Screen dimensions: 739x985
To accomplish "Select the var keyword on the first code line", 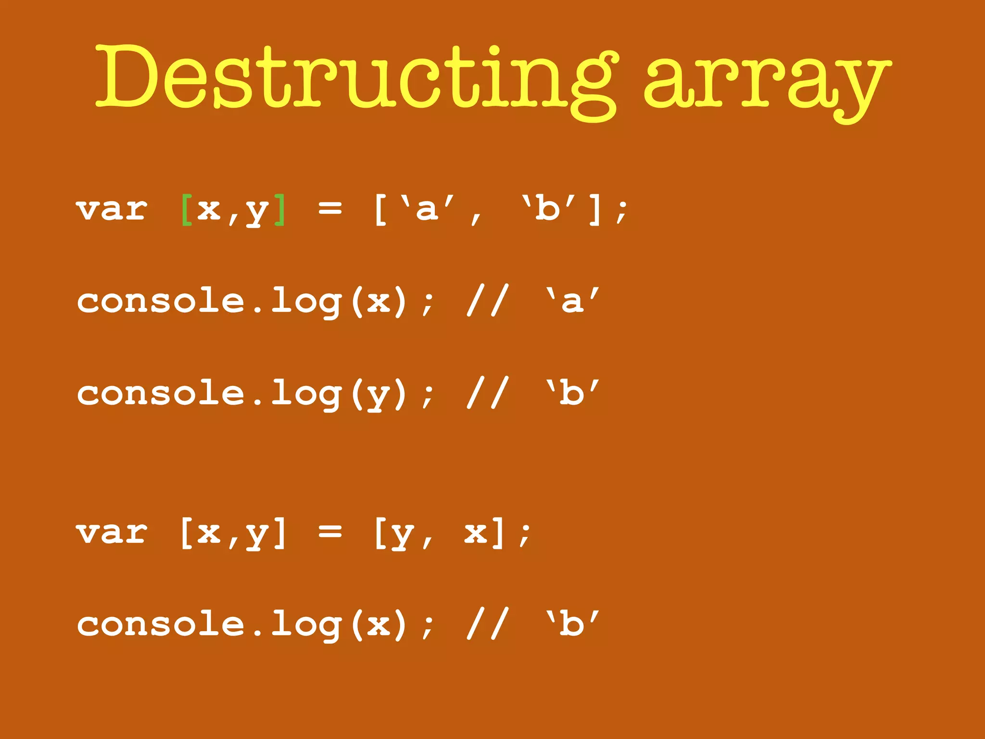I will click(x=112, y=210).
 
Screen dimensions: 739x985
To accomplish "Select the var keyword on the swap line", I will click(x=112, y=533).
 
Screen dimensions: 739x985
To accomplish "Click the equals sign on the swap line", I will click(x=330, y=532).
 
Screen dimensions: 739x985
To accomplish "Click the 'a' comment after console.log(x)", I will click(x=572, y=301).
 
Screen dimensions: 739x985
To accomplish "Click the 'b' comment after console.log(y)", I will click(x=572, y=394).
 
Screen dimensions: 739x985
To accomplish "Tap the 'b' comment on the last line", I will click(x=572, y=624).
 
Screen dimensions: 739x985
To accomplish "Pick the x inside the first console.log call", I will click(x=379, y=302).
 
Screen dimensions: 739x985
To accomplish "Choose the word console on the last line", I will click(x=161, y=624).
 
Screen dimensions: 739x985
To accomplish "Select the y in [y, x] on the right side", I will click(x=402, y=535).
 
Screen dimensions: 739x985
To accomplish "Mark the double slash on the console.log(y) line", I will click(x=487, y=394).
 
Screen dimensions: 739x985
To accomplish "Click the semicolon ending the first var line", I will click(x=621, y=212).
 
